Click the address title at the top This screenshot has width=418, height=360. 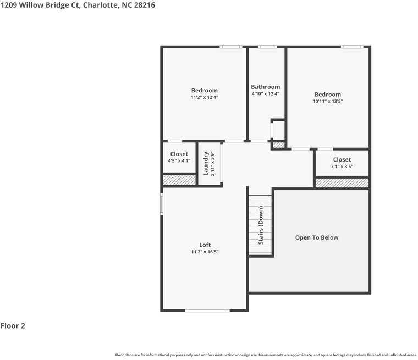(78, 5)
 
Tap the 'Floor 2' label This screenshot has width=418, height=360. (13, 326)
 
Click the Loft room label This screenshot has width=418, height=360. (205, 245)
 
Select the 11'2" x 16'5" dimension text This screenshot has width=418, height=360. (205, 252)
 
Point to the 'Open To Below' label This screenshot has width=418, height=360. (317, 237)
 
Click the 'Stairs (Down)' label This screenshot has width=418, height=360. (261, 225)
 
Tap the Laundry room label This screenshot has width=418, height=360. (206, 163)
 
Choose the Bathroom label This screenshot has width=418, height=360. (265, 87)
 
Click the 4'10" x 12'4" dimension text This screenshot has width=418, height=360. (265, 94)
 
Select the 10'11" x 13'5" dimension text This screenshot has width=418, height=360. (328, 101)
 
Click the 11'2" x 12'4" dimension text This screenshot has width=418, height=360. (205, 97)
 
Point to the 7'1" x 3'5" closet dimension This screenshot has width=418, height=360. (342, 167)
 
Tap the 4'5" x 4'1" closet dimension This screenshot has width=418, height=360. (179, 161)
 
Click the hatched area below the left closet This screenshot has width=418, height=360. (179, 179)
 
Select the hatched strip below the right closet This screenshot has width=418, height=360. (342, 182)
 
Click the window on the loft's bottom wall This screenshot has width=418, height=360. (207, 311)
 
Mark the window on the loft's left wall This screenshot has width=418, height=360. (162, 203)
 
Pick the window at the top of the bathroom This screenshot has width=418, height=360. (267, 47)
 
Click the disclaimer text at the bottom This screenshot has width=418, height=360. (266, 355)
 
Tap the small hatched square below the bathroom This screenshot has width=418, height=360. (279, 145)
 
